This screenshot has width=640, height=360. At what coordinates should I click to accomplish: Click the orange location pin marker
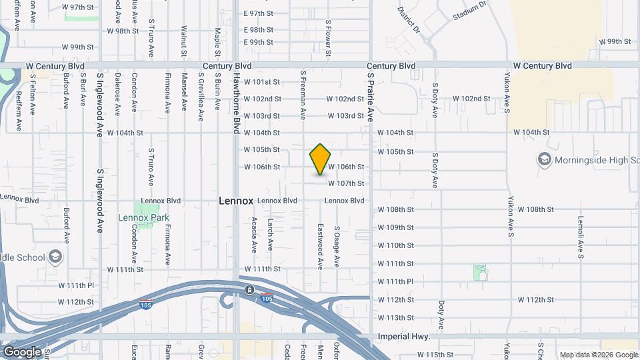pyautogui.click(x=320, y=159)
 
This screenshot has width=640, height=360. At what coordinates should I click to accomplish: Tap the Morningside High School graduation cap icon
pyautogui.click(x=545, y=160)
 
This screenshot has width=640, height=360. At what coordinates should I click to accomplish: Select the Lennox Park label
pyautogui.click(x=143, y=217)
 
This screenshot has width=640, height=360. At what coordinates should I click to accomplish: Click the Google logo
pyautogui.click(x=21, y=351)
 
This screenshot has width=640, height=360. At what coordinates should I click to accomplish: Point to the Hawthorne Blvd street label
pyautogui.click(x=235, y=103)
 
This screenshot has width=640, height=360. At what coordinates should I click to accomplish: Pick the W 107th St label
pyautogui.click(x=364, y=183)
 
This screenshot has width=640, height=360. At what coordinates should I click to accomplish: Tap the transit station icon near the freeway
pyautogui.click(x=249, y=290)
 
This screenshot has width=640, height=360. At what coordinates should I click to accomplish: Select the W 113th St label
pyautogui.click(x=396, y=318)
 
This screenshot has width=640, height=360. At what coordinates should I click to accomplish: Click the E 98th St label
pyautogui.click(x=259, y=30)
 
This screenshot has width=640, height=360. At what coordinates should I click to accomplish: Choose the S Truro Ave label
pyautogui.click(x=151, y=167)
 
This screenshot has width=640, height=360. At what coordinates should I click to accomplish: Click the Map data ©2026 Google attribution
pyautogui.click(x=599, y=355)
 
